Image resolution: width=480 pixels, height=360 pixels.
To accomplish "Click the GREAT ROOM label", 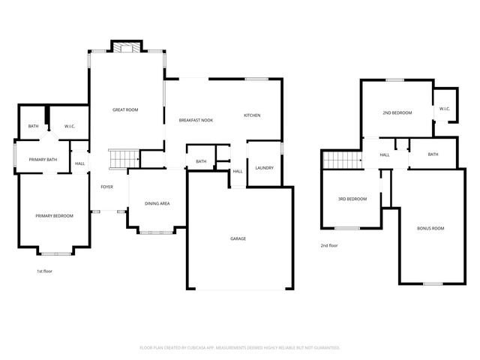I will coord(125,110).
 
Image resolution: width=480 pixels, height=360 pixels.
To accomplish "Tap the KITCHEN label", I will coord(252,115).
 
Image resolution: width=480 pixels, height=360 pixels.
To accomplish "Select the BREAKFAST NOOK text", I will coord(196,121).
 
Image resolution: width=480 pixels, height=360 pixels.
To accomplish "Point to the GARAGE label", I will coord(238,238).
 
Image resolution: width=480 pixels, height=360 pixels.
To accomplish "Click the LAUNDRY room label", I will coord(264,168).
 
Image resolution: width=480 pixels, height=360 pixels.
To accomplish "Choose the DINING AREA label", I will coord(157,203).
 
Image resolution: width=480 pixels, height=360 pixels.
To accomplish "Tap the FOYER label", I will coord(107,187).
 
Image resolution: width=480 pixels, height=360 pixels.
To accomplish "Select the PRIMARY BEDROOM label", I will coord(55,216).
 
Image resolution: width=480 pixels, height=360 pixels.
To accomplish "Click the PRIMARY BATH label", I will coord(43,160).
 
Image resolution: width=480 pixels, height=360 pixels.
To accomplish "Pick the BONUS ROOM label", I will coord(430,228).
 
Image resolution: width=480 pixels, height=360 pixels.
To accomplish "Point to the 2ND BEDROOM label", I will coord(397,113).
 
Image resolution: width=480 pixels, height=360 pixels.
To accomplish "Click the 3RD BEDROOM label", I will coord(352,199).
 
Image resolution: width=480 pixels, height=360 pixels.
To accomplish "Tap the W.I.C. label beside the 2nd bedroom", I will coord(444,109).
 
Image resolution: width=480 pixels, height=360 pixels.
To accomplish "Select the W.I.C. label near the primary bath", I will coord(70,126).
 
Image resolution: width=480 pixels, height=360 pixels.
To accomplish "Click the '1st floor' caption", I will coord(45,271).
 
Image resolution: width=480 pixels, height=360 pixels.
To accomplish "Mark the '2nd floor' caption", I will coord(329,245).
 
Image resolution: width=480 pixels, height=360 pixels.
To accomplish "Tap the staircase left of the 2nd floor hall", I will coord(337,159).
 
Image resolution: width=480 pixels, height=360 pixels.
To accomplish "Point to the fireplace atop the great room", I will coord(125,47).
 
